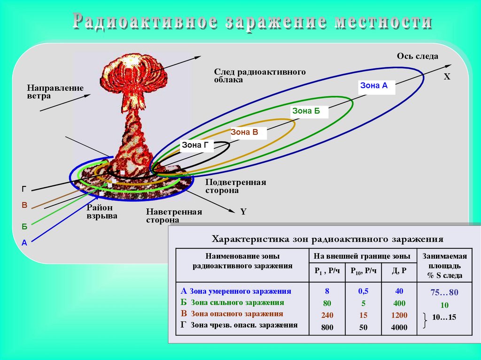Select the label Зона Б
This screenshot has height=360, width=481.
point(306,111)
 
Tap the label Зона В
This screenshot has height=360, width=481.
point(244,132)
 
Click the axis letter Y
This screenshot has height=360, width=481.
point(243,212)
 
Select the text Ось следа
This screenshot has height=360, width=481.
point(417,56)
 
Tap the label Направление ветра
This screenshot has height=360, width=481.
point(55,92)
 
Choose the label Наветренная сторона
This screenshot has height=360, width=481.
point(174,216)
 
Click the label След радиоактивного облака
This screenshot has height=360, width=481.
point(260,76)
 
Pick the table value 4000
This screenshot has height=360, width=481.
point(399,328)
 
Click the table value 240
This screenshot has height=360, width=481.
point(327,315)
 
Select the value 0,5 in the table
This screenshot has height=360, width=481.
point(363,291)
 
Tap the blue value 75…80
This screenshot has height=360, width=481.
point(444,293)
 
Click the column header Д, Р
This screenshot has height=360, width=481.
point(399,271)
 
